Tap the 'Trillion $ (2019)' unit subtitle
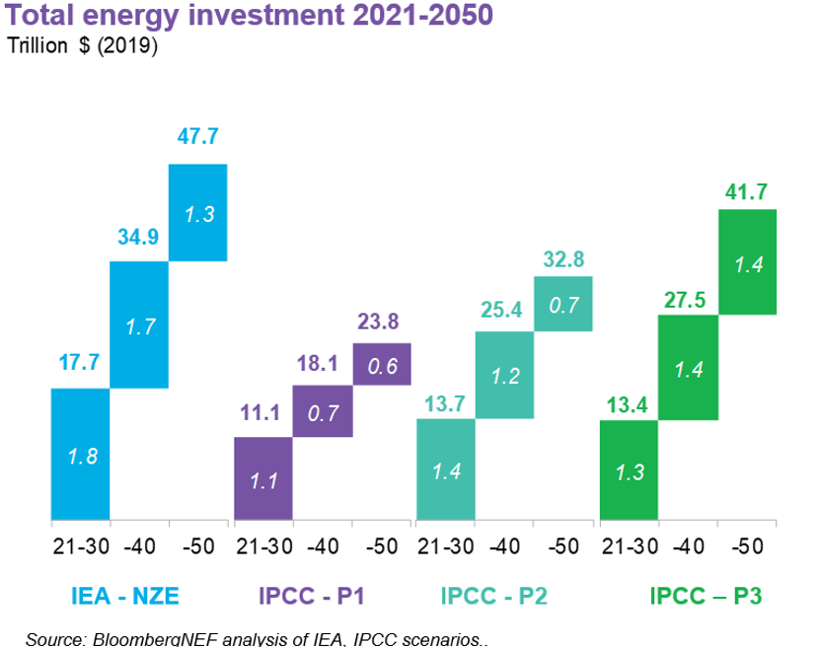84,45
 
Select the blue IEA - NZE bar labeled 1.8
80,454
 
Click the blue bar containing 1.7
138,324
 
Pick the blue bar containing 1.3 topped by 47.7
197,212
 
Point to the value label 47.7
197,137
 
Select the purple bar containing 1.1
262,477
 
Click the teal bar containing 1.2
504,376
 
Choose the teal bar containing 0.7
563,304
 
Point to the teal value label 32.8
563,260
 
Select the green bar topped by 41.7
747,261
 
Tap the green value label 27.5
688,300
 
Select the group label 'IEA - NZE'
124,597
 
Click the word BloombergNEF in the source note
143,639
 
